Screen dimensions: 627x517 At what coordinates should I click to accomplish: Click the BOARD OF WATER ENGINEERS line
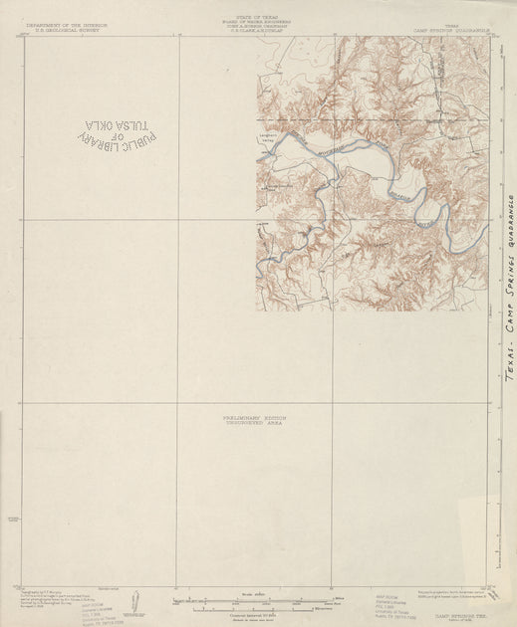[257, 22]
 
